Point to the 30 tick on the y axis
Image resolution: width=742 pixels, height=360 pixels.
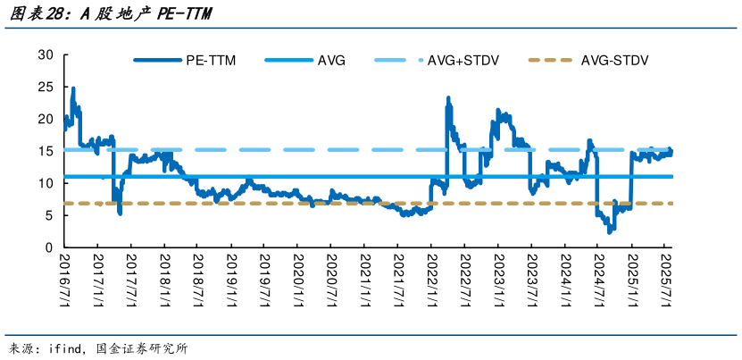46,55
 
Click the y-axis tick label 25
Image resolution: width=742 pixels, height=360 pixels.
46,88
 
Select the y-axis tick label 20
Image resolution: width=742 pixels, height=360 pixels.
46,119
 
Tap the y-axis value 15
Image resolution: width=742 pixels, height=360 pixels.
46,151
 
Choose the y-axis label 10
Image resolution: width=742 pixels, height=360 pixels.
46,183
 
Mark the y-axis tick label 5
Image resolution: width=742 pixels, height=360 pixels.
50,215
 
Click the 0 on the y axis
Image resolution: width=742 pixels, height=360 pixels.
50,247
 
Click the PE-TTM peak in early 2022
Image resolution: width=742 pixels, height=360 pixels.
447,98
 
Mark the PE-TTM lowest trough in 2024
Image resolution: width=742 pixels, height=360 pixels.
610,231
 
